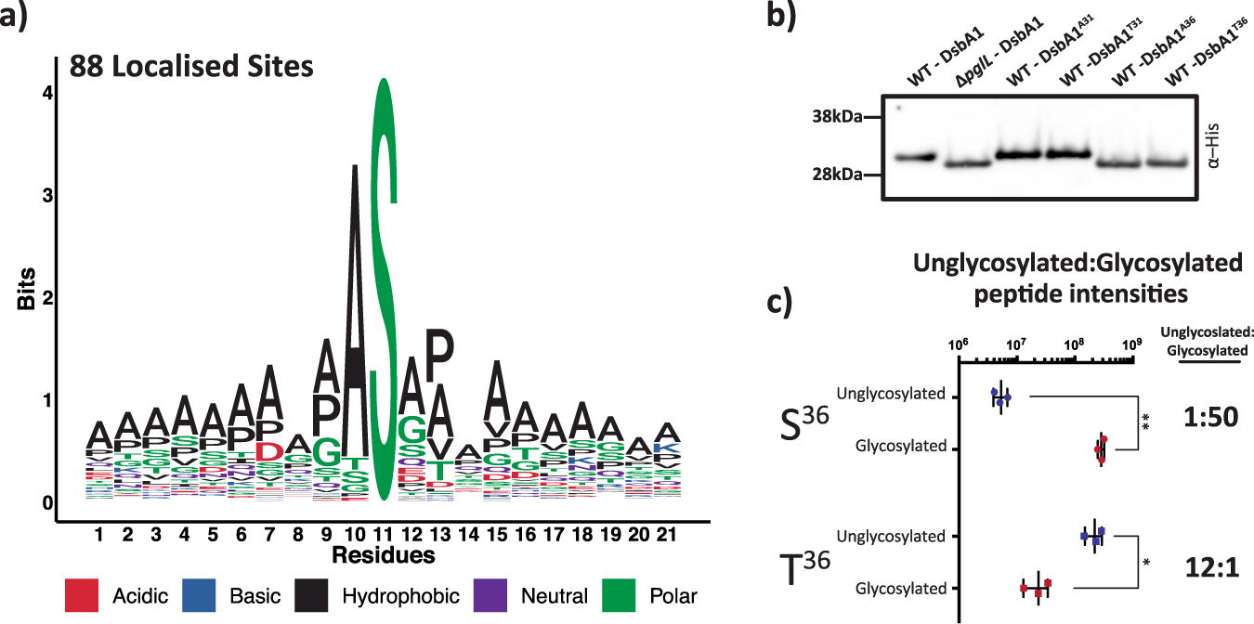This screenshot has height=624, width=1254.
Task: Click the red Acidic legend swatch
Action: tap(87, 595)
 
